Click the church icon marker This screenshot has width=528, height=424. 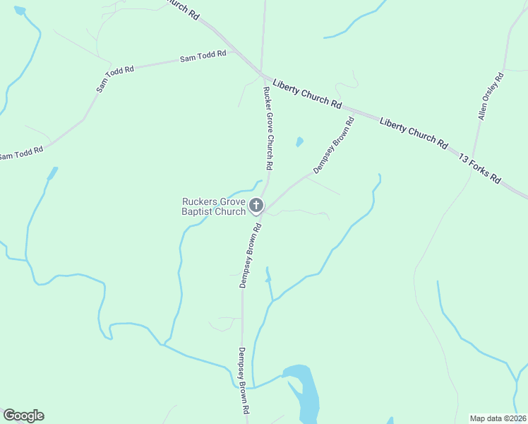pos(256,206)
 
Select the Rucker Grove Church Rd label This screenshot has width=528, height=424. pos(268,128)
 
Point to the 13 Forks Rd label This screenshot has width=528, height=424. pos(479,167)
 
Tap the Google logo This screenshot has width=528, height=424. pos(23,416)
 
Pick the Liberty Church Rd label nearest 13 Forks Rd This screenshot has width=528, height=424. pos(413,132)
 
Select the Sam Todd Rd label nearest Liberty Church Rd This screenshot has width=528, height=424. pos(203,56)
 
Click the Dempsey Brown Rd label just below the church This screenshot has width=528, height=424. pos(251,255)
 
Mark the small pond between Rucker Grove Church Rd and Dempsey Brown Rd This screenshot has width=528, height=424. pos(299,141)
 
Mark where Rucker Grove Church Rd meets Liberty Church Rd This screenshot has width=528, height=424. pos(262,73)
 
